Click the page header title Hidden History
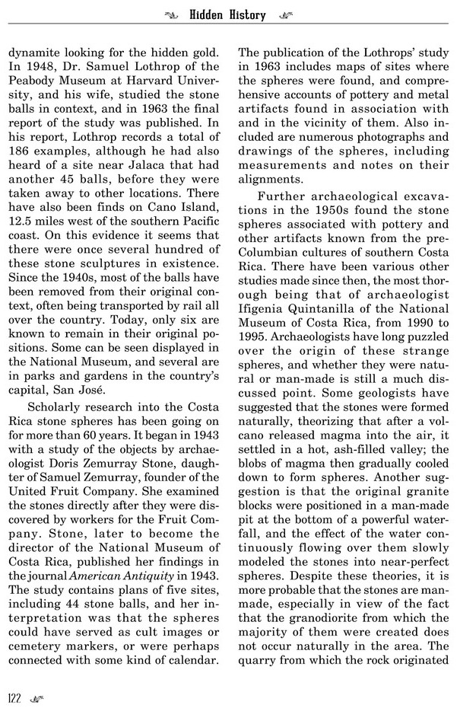(229, 14)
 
